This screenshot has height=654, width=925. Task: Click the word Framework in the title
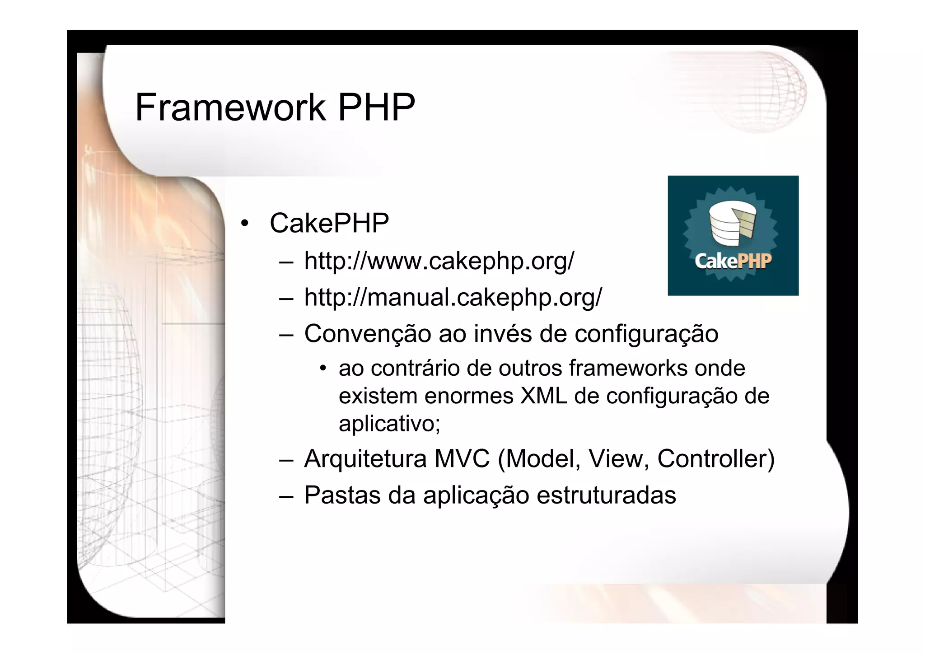(x=230, y=107)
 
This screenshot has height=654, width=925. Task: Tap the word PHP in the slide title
(x=376, y=107)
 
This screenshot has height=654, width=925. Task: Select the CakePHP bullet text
(x=329, y=223)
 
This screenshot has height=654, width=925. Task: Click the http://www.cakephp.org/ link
(x=439, y=261)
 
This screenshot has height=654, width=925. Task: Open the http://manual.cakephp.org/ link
(x=453, y=297)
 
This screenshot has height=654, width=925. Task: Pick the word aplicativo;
(x=389, y=424)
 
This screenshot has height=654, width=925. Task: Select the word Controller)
(x=716, y=459)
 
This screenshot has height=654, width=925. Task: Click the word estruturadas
(x=606, y=495)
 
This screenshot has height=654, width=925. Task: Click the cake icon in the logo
(x=732, y=224)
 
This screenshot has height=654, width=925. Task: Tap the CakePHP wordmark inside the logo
(x=733, y=261)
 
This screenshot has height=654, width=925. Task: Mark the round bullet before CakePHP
(x=245, y=223)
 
